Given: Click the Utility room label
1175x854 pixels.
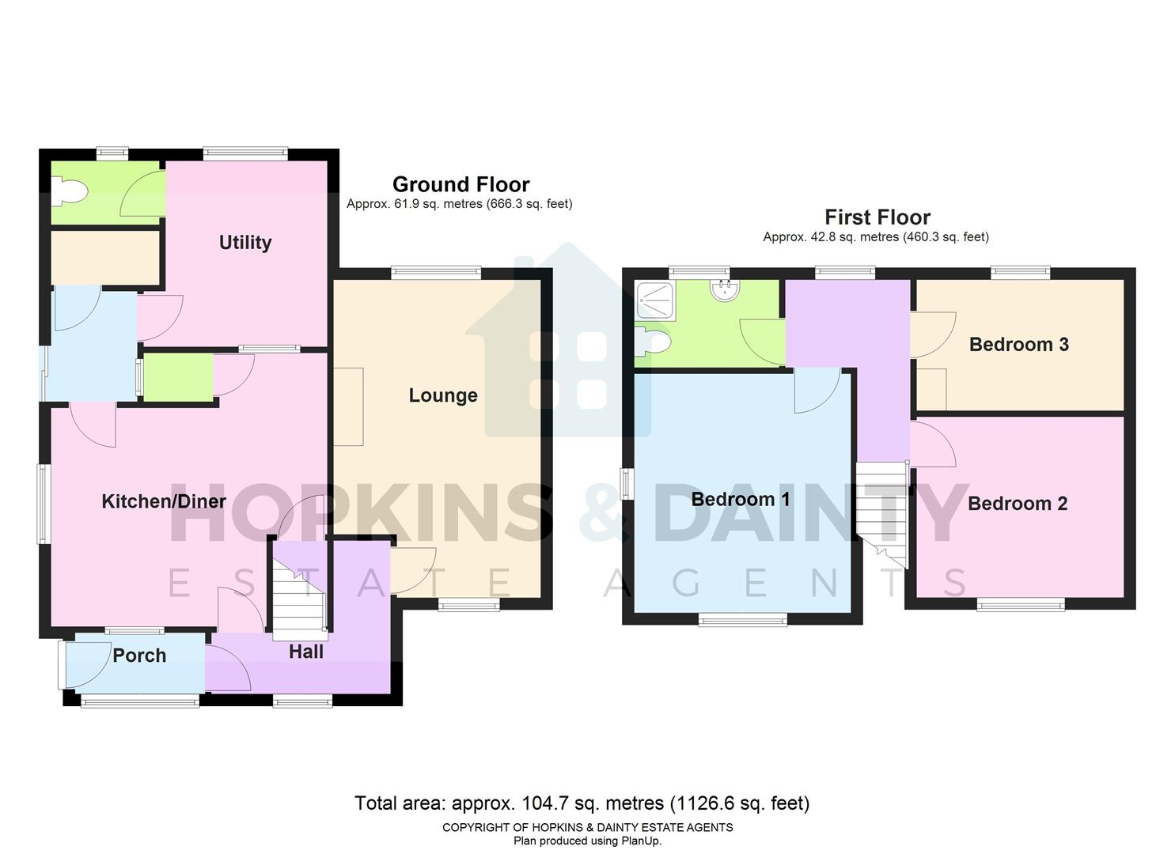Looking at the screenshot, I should click(x=244, y=243).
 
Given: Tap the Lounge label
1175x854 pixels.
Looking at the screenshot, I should click(x=442, y=395).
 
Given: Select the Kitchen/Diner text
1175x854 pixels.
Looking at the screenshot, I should click(x=164, y=501).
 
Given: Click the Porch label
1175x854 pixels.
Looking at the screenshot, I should click(x=139, y=656).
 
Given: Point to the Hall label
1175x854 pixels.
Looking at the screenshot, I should click(x=305, y=652).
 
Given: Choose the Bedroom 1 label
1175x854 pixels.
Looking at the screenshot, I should click(x=740, y=499).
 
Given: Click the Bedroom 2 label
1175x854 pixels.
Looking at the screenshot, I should click(x=1017, y=504).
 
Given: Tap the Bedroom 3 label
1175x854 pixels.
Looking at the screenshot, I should click(x=1018, y=345).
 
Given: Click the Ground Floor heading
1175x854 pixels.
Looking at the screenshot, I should click(x=461, y=184).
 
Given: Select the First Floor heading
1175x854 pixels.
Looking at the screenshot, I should click(x=877, y=217).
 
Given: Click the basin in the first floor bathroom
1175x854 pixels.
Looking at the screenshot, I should click(x=724, y=291).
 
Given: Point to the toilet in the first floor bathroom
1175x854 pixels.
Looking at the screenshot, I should click(x=654, y=342).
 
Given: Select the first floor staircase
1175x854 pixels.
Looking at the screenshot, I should click(x=881, y=506).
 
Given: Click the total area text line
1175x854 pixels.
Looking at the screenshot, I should click(x=582, y=803).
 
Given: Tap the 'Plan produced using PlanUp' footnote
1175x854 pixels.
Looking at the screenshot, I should click(x=587, y=841).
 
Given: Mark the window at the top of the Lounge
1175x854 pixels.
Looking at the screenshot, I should click(x=436, y=273).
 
